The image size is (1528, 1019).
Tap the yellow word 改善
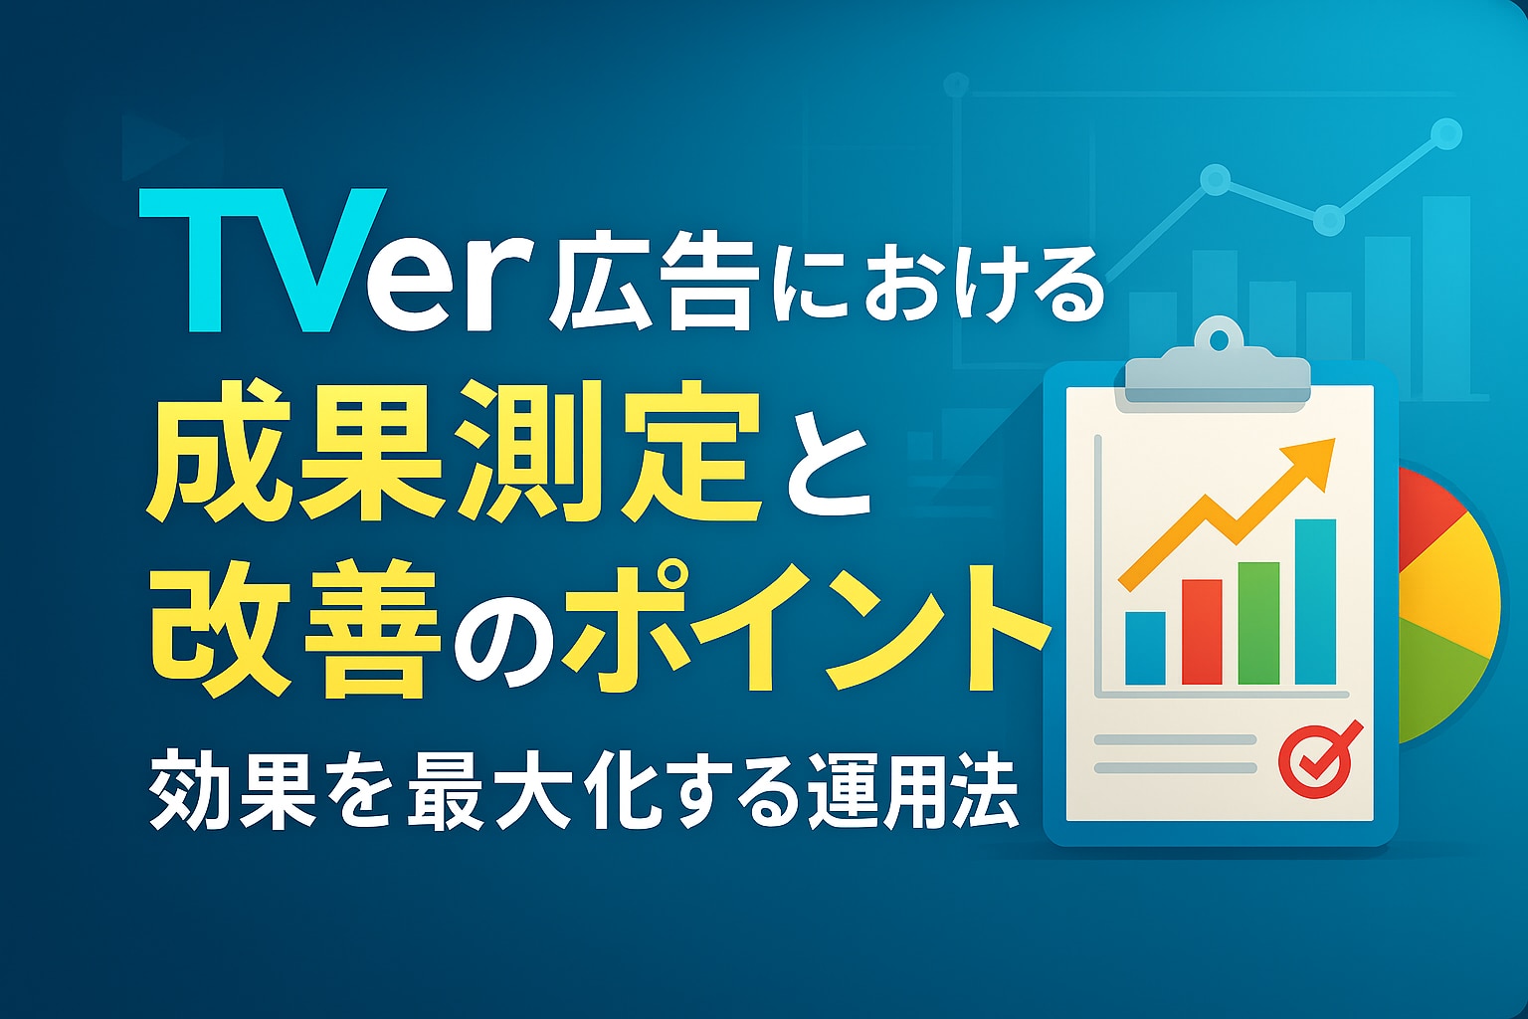[x=294, y=629]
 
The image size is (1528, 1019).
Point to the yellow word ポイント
[x=806, y=627]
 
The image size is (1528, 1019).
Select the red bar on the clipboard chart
[x=1202, y=632]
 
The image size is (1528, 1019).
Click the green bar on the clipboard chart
[x=1258, y=623]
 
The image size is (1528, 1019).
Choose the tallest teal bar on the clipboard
[x=1315, y=601]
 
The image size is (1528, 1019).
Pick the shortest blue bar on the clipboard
[x=1145, y=648]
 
